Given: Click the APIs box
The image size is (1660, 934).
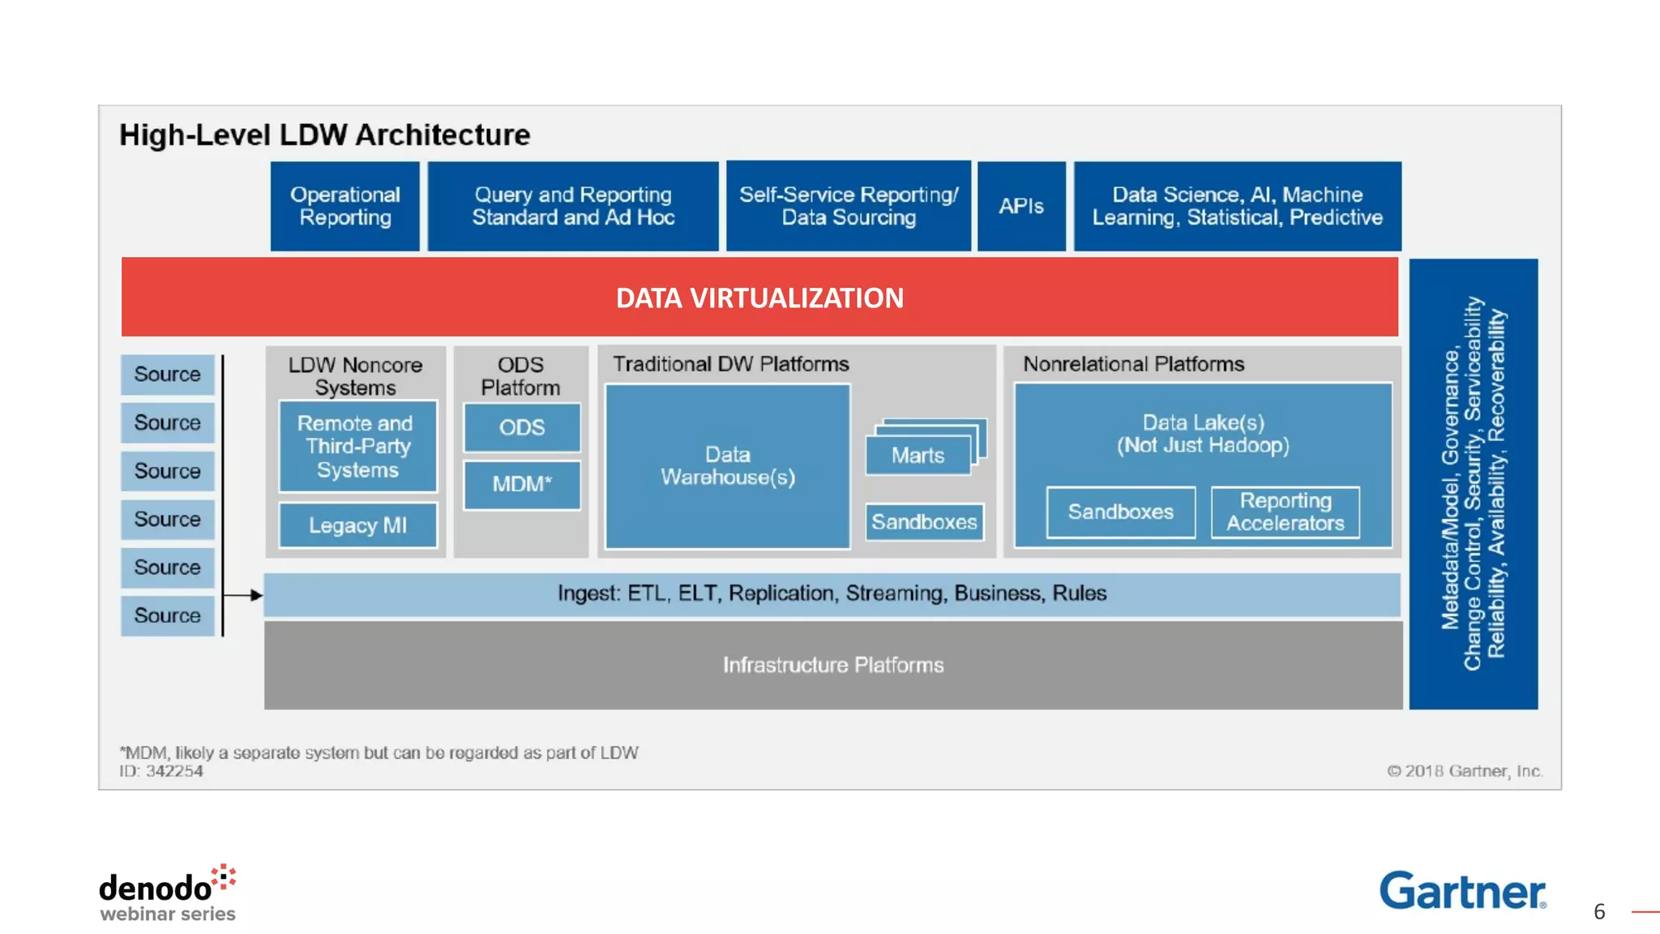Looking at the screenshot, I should coord(1021,206).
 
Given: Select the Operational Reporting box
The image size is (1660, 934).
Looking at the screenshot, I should coord(345,206).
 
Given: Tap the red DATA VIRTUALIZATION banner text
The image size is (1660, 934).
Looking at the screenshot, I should coord(759,298).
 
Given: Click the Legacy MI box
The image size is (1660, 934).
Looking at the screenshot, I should coord(357,525).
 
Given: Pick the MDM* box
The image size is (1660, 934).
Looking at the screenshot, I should coord(522,485).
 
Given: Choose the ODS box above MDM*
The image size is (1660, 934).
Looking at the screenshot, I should coord(522,427).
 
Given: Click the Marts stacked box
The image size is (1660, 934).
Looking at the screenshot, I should coord(918,455).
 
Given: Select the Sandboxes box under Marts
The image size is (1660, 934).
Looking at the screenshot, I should coord(924,522).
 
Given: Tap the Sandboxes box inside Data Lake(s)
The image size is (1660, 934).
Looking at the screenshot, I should coord(1120,512).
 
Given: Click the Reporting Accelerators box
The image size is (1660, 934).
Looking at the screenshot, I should coord(1285,512).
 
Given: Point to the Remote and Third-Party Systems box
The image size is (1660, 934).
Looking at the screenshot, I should coord(357,446).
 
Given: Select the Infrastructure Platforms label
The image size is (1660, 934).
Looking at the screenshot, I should coord(833,665).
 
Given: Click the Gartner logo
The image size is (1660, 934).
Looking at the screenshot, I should coord(1462,890).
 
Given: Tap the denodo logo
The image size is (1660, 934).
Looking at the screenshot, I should coord(167,892).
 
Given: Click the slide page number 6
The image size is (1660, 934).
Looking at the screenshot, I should coord(1599,912).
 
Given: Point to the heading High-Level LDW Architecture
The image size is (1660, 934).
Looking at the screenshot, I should coord(324,135).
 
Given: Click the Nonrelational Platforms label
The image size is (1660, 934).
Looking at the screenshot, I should coord(1133,364).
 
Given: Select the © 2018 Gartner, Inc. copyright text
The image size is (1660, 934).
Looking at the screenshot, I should coord(1464,771).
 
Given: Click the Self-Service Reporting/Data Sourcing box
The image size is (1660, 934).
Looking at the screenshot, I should coord(849,206).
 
